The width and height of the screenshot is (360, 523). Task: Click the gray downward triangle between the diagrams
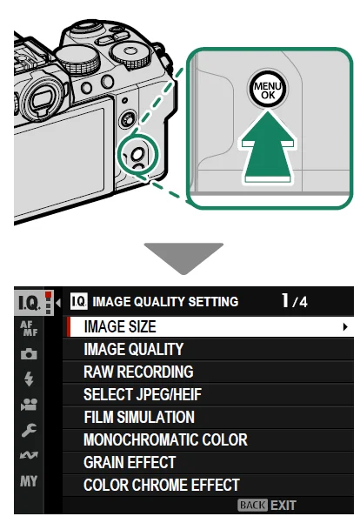[180, 258]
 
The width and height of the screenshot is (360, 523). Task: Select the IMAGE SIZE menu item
[120, 327]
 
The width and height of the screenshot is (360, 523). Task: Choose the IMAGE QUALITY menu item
[133, 350]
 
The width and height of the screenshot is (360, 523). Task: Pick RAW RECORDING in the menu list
[138, 372]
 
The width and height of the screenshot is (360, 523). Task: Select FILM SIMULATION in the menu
[139, 418]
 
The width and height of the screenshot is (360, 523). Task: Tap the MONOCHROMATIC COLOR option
[165, 440]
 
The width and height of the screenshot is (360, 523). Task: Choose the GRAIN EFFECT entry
[130, 463]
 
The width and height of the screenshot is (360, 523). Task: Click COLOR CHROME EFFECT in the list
[161, 486]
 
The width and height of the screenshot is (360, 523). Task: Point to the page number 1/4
[295, 302]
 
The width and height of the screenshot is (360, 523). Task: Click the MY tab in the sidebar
[29, 479]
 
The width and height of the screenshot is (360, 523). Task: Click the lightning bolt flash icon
[29, 379]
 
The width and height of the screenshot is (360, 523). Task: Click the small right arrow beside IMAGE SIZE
[345, 327]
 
